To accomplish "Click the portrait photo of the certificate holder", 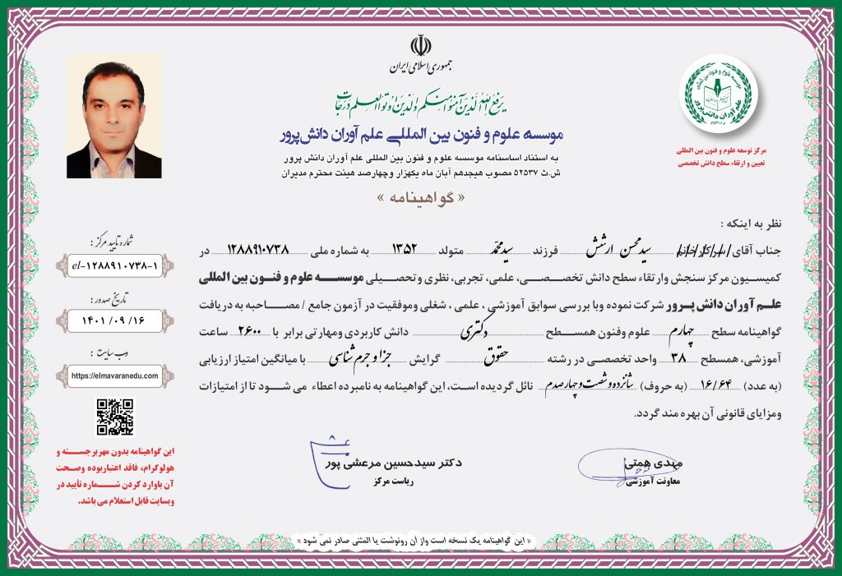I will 113,117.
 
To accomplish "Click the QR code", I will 114,417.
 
